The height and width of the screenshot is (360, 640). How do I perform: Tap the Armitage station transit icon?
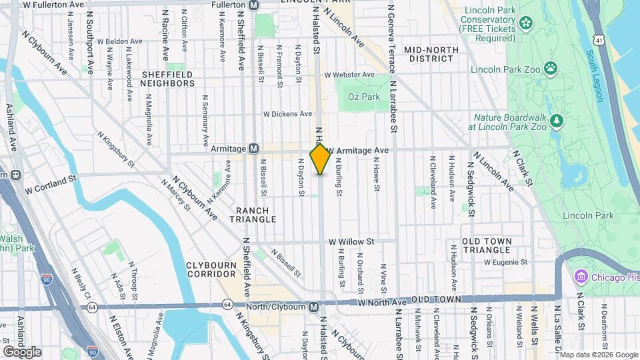[x=254, y=149]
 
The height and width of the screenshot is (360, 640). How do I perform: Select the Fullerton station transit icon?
[x=254, y=5]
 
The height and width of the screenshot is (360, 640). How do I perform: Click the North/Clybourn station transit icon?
[x=313, y=307]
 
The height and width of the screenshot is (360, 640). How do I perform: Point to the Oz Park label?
[x=364, y=97]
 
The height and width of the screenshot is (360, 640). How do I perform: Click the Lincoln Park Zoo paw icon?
[x=551, y=68]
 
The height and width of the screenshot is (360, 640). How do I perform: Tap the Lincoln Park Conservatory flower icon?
[x=527, y=24]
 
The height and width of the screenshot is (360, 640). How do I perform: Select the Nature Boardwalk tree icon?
[x=557, y=121]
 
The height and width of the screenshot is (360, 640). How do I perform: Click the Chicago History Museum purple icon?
[x=579, y=277]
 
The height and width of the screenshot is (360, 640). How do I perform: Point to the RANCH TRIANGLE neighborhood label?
[x=253, y=215]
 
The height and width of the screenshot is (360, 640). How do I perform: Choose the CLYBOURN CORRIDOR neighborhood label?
[x=212, y=269]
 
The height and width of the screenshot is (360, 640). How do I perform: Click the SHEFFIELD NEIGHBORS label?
[x=167, y=79]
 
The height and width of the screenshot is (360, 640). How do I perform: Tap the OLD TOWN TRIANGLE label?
[x=487, y=245]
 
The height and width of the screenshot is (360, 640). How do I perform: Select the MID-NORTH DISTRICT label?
[x=431, y=55]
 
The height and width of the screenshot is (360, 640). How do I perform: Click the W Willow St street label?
[x=351, y=241]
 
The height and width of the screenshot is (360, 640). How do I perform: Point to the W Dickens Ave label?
[x=287, y=114]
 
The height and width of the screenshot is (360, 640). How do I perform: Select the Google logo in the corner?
[x=22, y=351]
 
